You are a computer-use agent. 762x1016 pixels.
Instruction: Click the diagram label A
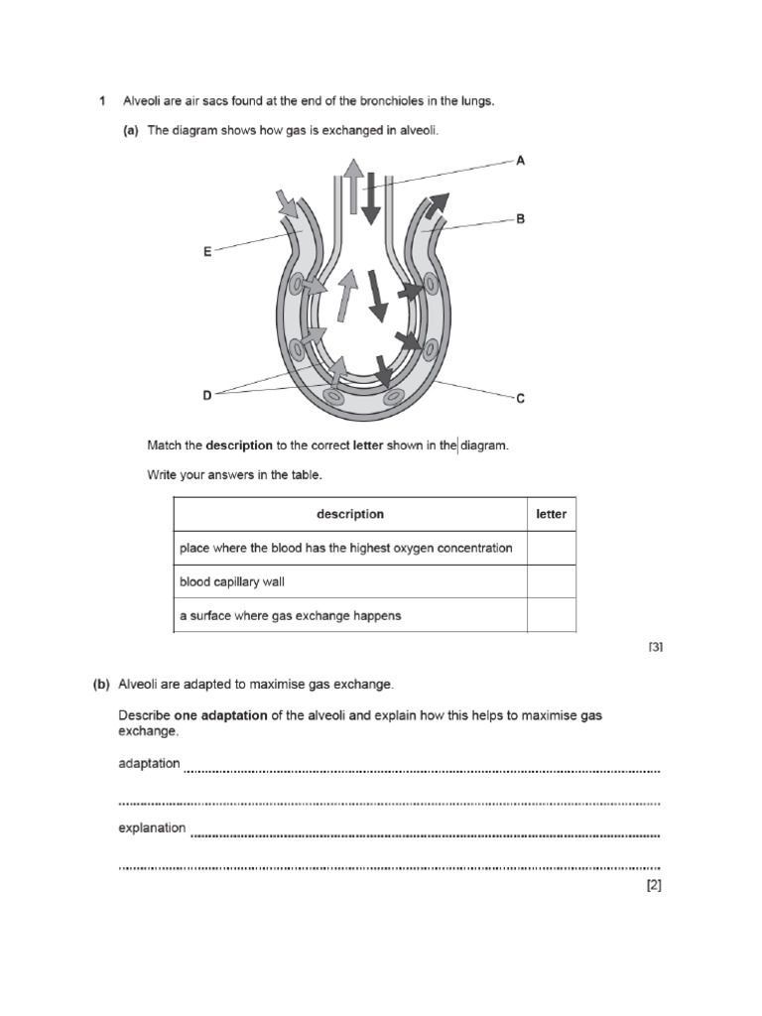(x=520, y=159)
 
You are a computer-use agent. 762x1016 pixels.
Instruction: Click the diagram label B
(x=520, y=219)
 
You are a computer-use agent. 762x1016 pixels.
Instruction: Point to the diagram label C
(x=520, y=399)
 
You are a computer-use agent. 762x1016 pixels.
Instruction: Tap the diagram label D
(x=207, y=395)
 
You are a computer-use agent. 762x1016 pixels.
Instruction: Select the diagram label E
(x=207, y=252)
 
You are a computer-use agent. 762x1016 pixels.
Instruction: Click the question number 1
(x=102, y=100)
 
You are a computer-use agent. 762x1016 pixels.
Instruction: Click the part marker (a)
(x=130, y=130)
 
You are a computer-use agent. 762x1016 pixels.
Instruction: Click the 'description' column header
(x=349, y=514)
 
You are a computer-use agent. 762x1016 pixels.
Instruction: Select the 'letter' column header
(x=551, y=514)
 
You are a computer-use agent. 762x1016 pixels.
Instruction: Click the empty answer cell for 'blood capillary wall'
(x=551, y=581)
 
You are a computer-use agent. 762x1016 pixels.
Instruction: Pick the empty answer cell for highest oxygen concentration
(x=551, y=548)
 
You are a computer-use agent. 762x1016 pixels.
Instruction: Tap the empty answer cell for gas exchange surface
(x=551, y=615)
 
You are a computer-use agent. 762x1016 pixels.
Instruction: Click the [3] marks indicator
(x=655, y=647)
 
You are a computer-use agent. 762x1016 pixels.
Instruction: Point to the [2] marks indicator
(x=654, y=886)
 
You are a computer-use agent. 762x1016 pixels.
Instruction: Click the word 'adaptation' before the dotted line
(x=149, y=764)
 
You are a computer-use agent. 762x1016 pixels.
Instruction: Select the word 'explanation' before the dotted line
(x=152, y=827)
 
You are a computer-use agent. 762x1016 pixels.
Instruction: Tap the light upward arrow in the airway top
(x=351, y=185)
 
